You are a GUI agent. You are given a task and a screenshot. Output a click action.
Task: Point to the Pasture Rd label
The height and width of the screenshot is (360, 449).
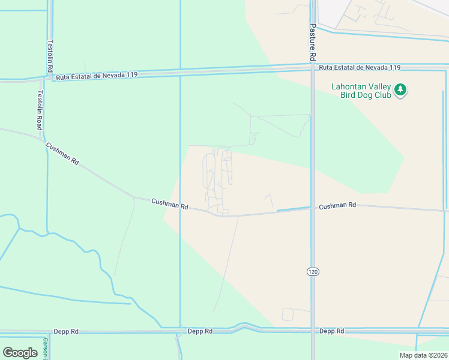point(313,43)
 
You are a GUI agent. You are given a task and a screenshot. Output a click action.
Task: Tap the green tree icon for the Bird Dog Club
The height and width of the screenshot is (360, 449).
point(400,90)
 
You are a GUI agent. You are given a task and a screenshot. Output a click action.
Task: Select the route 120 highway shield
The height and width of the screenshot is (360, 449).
point(312,272)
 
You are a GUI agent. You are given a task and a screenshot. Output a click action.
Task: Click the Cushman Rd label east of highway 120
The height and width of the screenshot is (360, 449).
point(337,206)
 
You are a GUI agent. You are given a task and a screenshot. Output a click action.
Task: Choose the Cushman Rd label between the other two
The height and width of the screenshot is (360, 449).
point(170,205)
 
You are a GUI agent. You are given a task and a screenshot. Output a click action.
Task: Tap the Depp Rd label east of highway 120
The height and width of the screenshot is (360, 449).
point(331,331)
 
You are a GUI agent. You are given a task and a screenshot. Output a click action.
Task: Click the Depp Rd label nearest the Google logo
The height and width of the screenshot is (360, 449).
point(65,331)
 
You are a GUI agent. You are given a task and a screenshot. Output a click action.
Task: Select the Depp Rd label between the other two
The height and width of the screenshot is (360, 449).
point(200,331)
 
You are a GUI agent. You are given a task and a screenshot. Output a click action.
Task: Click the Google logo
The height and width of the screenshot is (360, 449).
point(20,353)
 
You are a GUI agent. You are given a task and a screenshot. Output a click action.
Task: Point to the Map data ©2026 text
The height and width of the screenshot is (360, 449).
point(423,355)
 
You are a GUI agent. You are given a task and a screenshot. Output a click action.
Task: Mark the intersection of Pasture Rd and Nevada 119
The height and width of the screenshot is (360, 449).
point(312,67)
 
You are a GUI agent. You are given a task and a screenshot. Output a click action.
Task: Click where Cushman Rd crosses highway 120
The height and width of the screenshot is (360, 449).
point(312,208)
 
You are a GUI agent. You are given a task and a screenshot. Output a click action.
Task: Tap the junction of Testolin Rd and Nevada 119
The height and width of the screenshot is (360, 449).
point(48,77)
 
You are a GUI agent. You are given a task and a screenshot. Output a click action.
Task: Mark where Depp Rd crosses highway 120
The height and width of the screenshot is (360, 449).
point(312,331)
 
